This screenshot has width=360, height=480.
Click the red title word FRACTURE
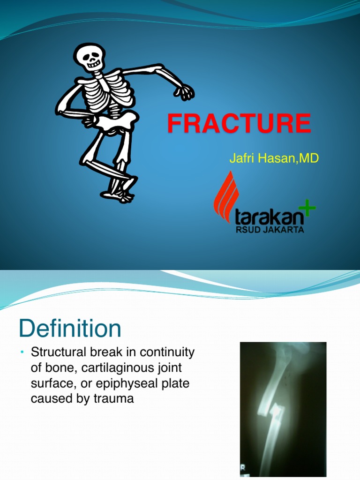pyautogui.click(x=239, y=123)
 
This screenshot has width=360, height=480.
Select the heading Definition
pyautogui.click(x=70, y=328)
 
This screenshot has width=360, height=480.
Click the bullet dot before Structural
pyautogui.click(x=22, y=352)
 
